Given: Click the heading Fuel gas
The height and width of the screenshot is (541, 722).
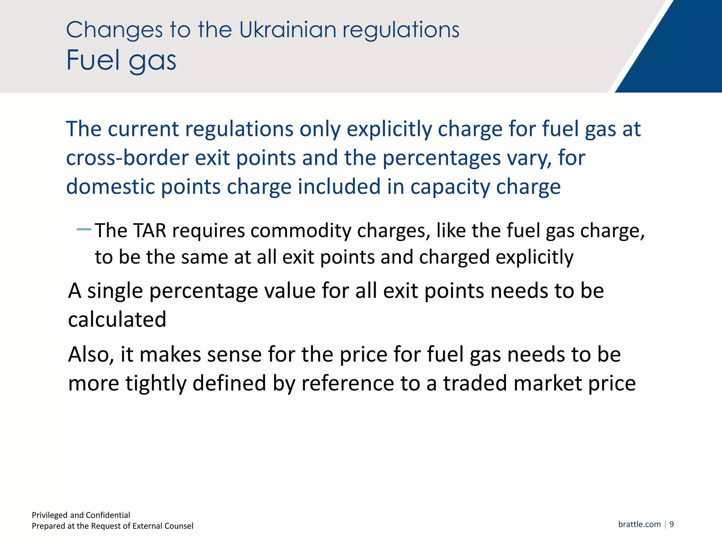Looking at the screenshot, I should [x=121, y=60].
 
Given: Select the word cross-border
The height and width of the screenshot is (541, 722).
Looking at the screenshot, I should [x=127, y=158].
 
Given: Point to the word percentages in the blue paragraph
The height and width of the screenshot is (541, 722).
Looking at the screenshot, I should [x=441, y=158].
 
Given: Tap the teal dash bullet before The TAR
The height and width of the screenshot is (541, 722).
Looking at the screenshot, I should [x=84, y=230].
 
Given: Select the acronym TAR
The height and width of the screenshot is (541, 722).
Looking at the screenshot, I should [x=150, y=231].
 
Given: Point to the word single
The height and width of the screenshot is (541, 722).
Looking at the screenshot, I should [x=115, y=292].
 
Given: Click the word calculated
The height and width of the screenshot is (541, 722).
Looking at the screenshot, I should [x=117, y=319].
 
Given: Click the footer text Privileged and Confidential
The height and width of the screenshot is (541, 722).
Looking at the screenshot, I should [x=81, y=515].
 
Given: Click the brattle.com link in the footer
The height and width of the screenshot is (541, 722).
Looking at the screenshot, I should [x=639, y=524].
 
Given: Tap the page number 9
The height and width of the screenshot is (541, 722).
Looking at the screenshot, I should [x=672, y=524].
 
